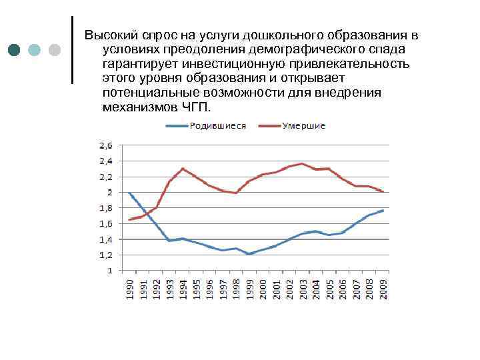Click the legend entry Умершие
303,126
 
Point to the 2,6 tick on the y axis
105,145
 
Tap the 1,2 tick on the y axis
105,255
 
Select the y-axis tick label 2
109,193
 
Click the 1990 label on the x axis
129,289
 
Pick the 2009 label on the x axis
383,289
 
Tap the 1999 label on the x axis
249,289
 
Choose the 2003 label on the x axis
303,289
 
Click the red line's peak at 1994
183,169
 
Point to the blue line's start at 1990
129,193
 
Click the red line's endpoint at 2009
383,191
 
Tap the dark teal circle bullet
15,50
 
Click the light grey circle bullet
55,50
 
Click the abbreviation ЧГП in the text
193,107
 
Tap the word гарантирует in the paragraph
140,65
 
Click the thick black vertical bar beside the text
72,50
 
